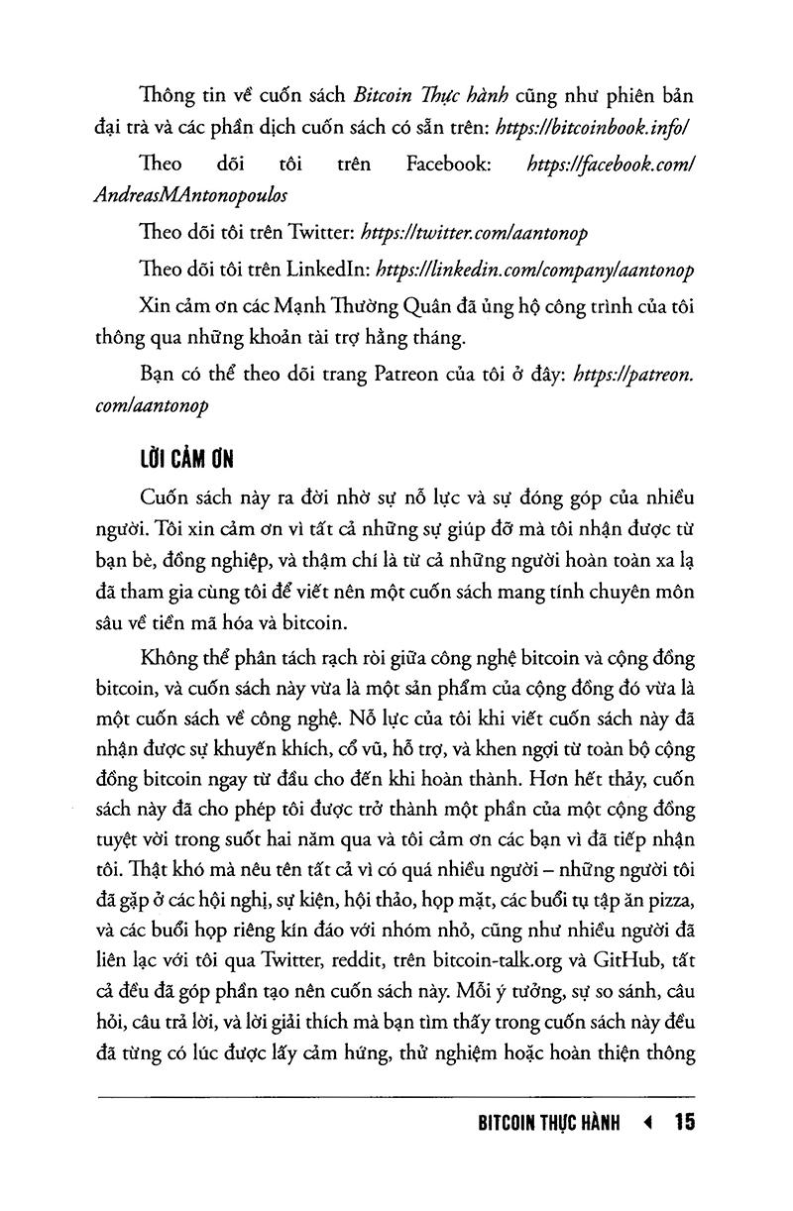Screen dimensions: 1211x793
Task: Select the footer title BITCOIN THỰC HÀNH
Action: [548, 1124]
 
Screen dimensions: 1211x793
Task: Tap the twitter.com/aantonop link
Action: [476, 234]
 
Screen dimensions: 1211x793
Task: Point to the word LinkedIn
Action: [329, 270]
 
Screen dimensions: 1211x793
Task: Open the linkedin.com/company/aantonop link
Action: [536, 270]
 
